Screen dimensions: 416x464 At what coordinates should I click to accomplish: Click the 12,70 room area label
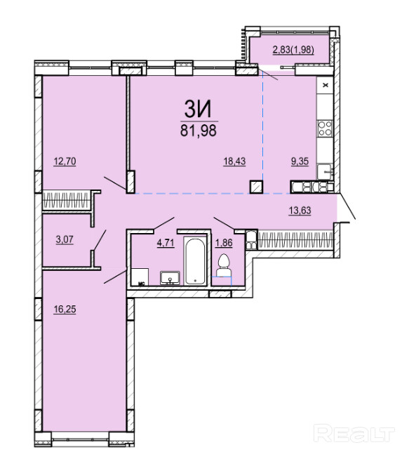65,161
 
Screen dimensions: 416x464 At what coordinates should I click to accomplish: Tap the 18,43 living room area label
234,161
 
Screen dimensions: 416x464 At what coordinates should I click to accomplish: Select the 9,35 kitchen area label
300,161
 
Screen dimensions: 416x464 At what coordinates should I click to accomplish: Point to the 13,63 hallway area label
300,211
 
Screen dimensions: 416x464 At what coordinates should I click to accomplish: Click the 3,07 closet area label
65,239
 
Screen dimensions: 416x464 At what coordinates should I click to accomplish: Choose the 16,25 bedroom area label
65,310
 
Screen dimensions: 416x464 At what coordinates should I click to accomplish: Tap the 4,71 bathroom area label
166,243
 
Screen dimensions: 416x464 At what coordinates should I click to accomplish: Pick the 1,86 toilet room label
224,243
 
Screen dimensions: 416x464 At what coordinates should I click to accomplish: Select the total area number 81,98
199,131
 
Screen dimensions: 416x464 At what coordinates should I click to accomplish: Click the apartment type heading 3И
198,109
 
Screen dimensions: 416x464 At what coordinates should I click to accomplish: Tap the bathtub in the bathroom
195,260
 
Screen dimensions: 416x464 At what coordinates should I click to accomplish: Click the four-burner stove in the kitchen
325,128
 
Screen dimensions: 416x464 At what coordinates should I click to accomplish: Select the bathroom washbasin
170,278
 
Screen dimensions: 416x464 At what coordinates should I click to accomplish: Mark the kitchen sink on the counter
325,172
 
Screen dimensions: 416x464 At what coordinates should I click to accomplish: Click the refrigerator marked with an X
326,86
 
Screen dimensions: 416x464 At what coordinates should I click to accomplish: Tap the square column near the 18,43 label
256,187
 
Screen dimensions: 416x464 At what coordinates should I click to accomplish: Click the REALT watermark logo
354,434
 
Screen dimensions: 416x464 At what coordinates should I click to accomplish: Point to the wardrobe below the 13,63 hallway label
295,239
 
